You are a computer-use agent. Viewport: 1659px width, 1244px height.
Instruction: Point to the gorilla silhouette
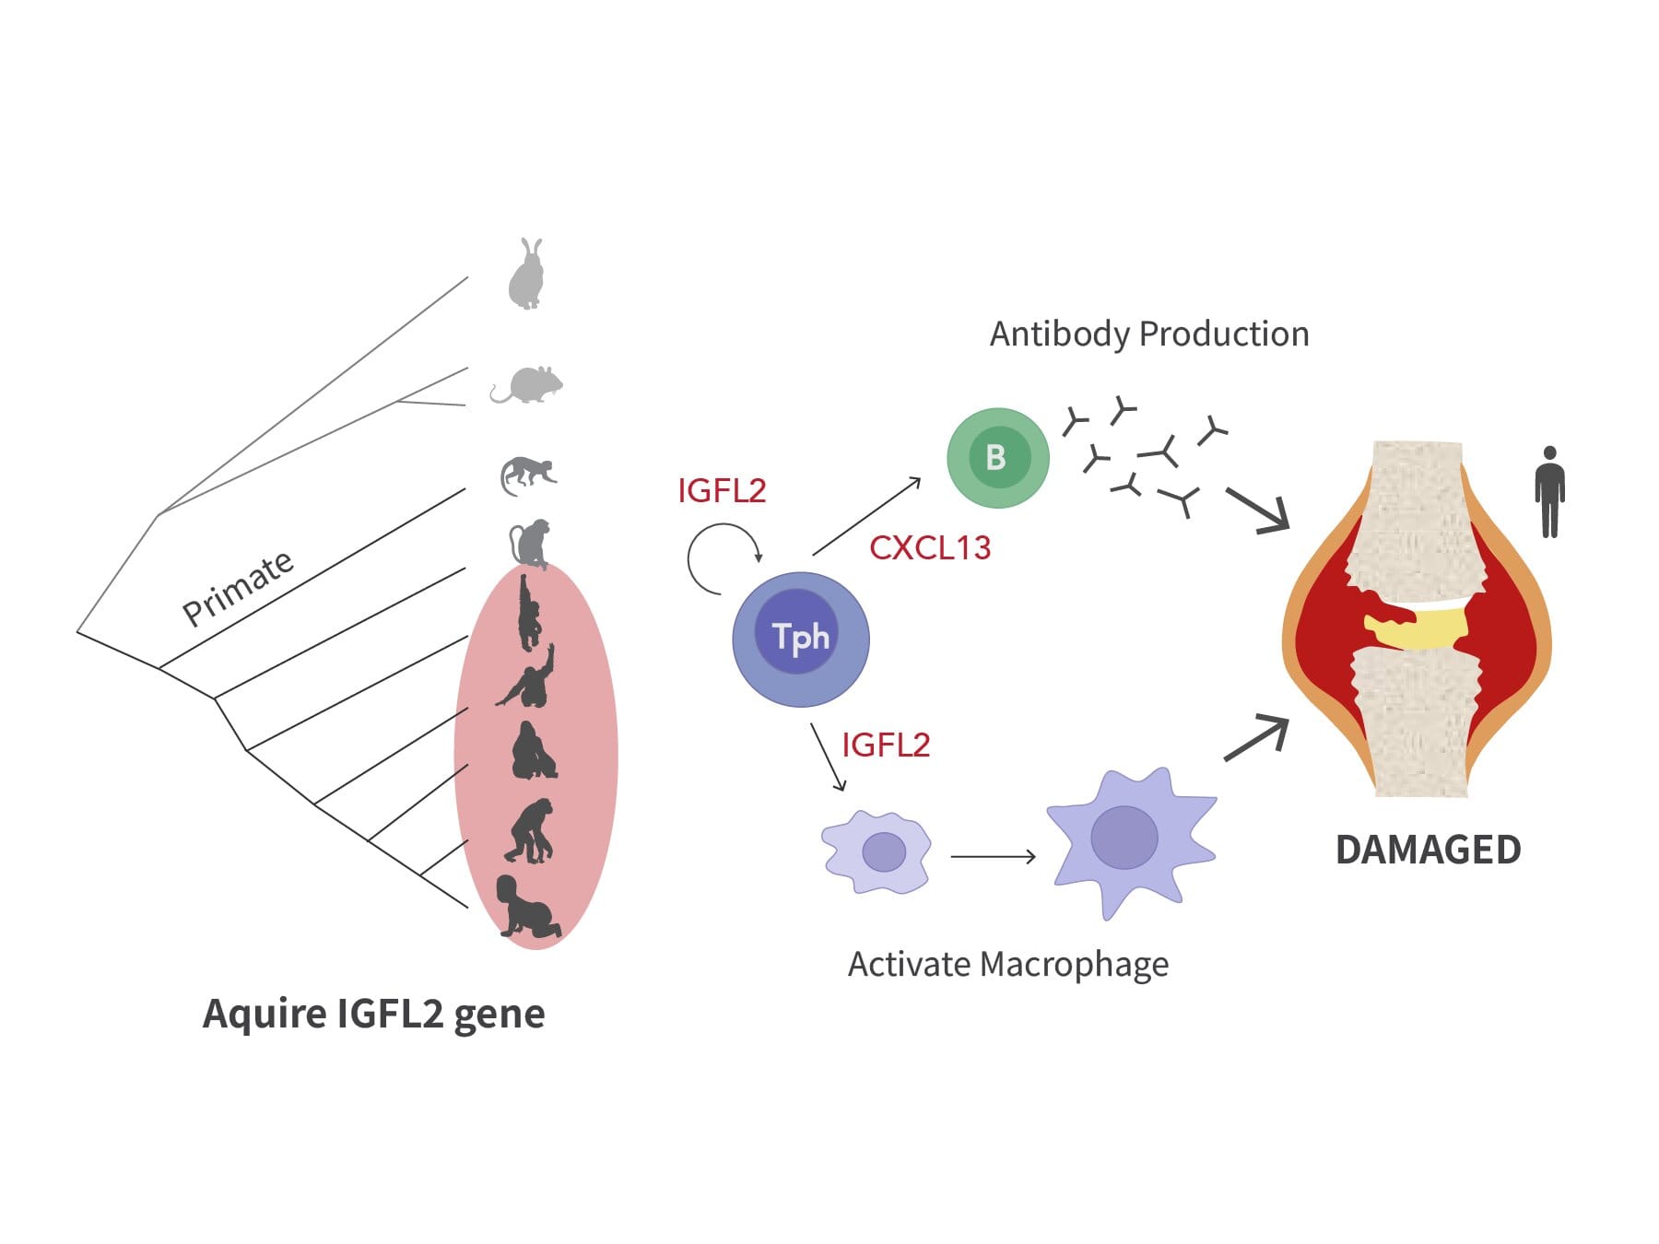pos(533,752)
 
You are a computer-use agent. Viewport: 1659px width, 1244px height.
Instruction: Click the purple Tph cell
pos(800,639)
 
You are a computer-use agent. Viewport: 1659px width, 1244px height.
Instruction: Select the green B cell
pos(997,458)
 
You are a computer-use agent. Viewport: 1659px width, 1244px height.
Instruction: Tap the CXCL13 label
pos(930,548)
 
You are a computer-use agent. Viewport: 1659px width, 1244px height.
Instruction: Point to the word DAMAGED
pos(1428,850)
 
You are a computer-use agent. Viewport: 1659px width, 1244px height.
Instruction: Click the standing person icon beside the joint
pos(1549,492)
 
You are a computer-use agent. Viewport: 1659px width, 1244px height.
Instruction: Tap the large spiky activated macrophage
pos(1130,839)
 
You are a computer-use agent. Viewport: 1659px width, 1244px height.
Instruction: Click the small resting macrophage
pos(877,851)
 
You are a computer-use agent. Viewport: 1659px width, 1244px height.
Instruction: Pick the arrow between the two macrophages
pos(993,857)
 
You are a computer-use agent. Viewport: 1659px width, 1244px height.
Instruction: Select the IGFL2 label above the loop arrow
pos(722,491)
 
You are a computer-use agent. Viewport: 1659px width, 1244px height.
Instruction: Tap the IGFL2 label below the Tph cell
pos(886,745)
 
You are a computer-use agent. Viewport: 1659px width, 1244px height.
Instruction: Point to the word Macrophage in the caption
pos(1074,965)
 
